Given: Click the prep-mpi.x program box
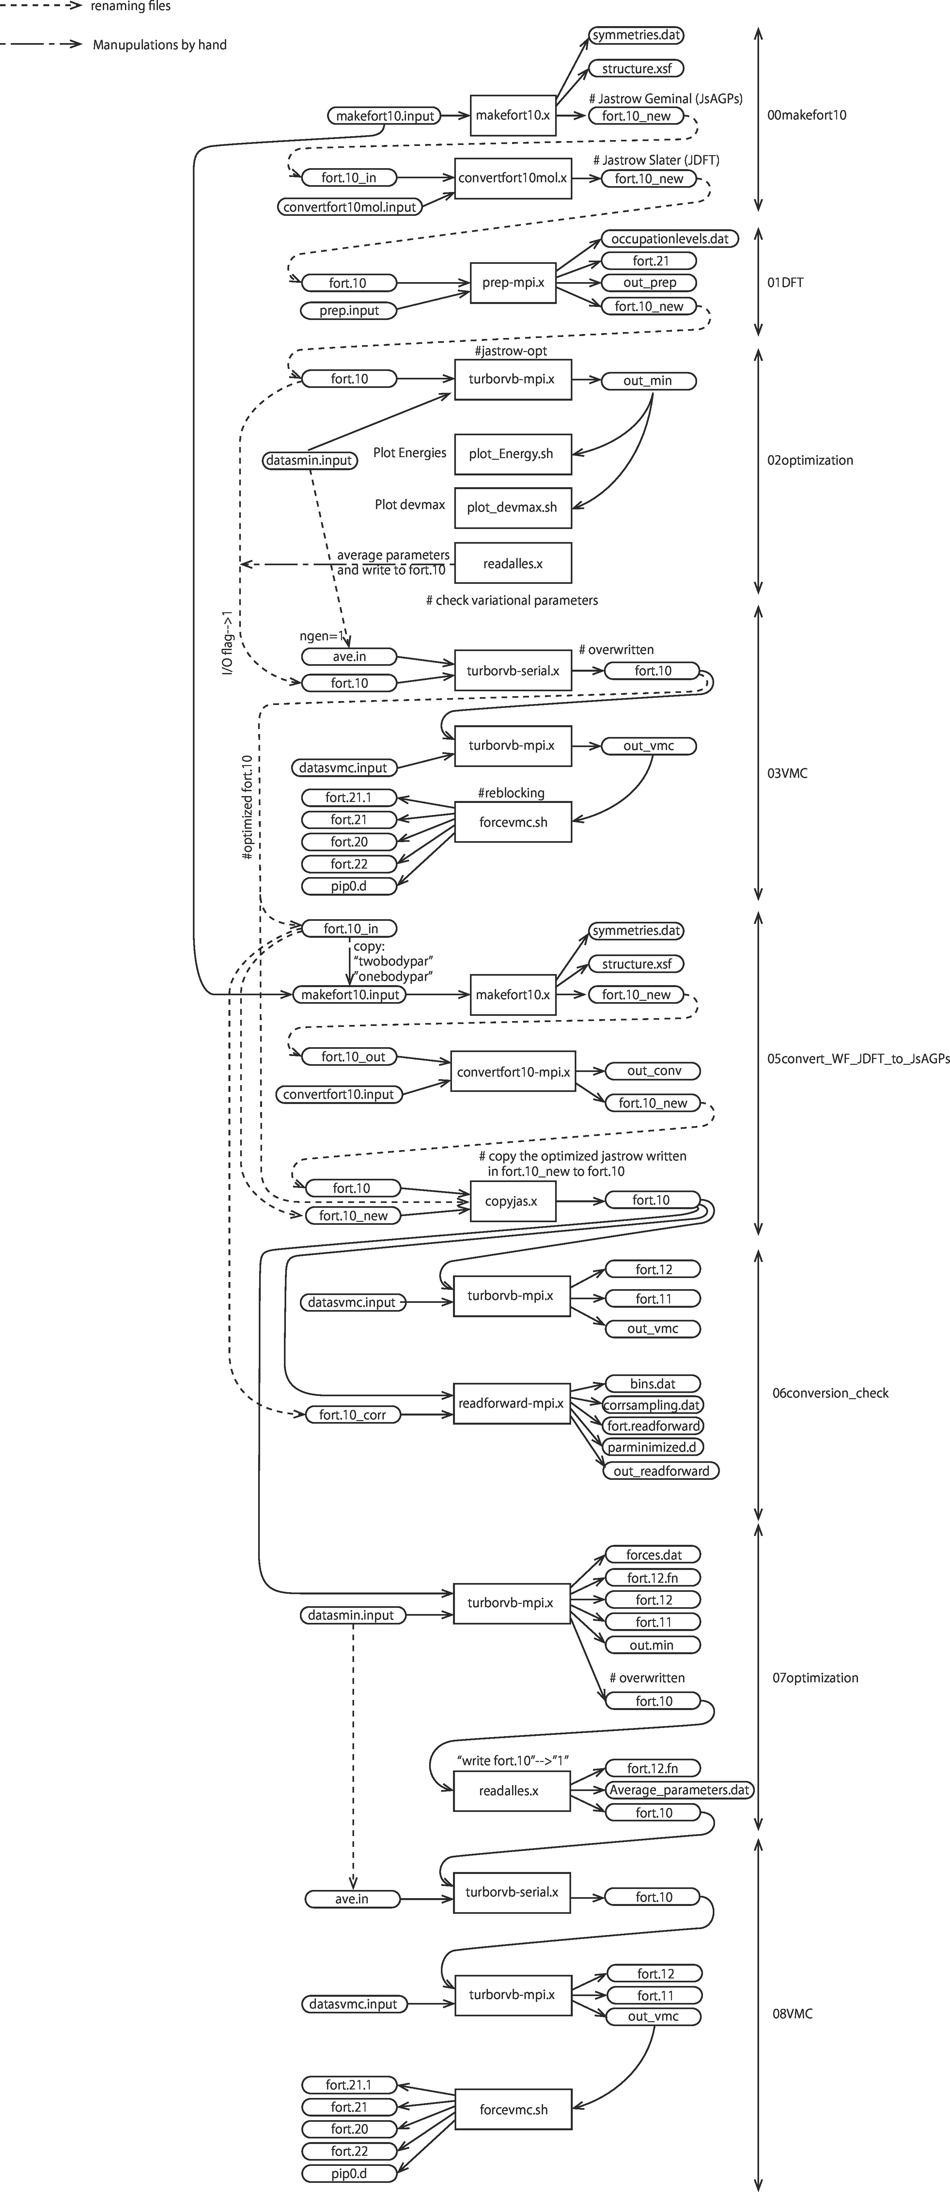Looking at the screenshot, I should pyautogui.click(x=513, y=282).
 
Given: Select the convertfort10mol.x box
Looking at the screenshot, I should pyautogui.click(x=513, y=179).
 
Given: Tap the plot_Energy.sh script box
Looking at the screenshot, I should pyautogui.click(x=513, y=454).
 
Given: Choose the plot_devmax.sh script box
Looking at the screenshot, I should pyautogui.click(x=513, y=507).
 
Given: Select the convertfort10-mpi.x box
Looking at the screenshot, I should pyautogui.click(x=513, y=1072).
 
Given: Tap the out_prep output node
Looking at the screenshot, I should pyautogui.click(x=649, y=282).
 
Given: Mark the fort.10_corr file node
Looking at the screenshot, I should pyautogui.click(x=352, y=1414).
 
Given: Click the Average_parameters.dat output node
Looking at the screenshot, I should pyautogui.click(x=679, y=1789).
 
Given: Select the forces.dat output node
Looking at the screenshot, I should pyautogui.click(x=653, y=1555).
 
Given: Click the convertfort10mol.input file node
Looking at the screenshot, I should pyautogui.click(x=350, y=207).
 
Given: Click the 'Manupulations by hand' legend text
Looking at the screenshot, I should pyautogui.click(x=160, y=45).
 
